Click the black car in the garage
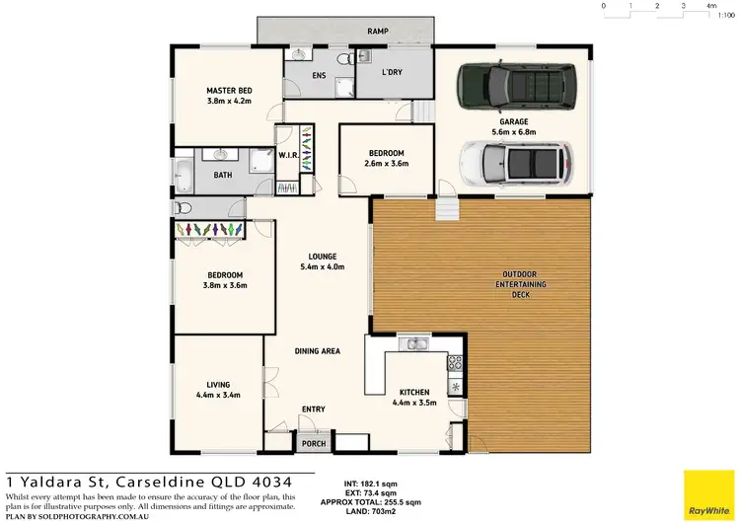click(510, 86)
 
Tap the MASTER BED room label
click(229, 91)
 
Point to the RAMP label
click(376, 32)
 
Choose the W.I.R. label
click(289, 155)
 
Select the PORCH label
click(314, 444)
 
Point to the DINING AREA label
click(317, 351)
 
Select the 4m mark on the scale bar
click(711, 6)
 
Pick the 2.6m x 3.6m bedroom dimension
click(386, 163)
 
